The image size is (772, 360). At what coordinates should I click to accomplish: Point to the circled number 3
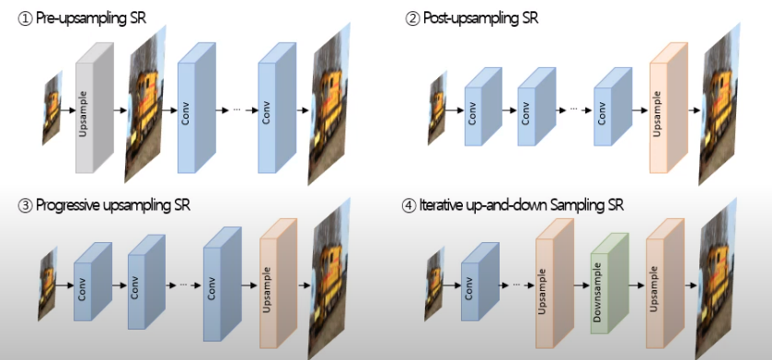pos(25,204)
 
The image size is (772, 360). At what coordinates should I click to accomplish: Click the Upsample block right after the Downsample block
pos(662,285)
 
